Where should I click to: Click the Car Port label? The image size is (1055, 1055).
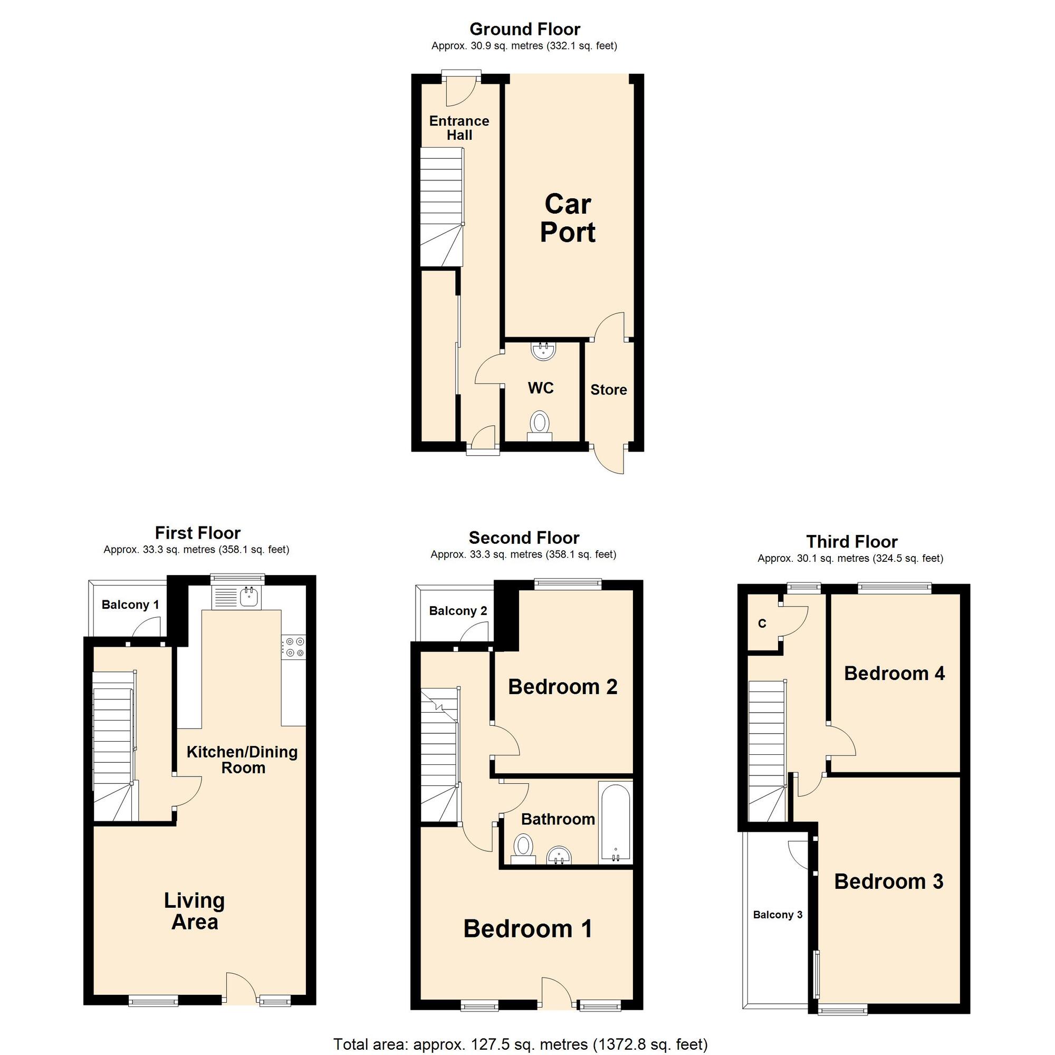point(568,218)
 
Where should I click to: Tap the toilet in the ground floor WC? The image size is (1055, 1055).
point(540,424)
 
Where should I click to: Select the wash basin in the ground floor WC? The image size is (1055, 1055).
point(543,351)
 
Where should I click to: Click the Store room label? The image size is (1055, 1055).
point(608,390)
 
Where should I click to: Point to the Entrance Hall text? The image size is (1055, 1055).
point(459,128)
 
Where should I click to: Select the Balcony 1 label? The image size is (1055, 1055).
point(130,605)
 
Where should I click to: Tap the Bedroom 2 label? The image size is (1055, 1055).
point(562,687)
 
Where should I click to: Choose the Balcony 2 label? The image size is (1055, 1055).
point(457,610)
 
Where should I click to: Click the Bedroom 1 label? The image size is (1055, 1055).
point(527,929)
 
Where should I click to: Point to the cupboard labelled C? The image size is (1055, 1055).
point(762,624)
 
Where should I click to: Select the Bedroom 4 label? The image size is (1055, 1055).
point(894,673)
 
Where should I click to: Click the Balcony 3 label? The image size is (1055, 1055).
point(778,915)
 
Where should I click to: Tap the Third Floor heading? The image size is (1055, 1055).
point(851,542)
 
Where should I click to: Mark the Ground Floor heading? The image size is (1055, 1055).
point(524,29)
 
